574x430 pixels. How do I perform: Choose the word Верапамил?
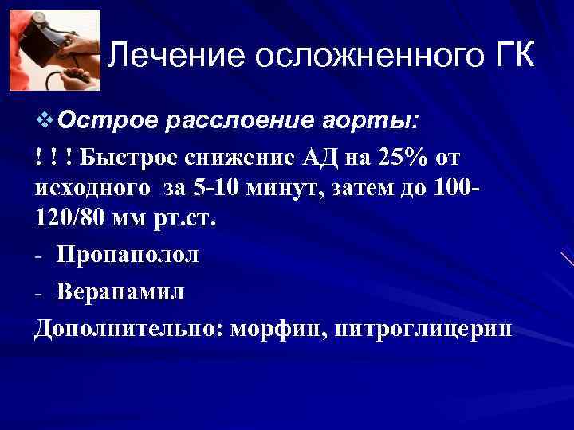120,292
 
